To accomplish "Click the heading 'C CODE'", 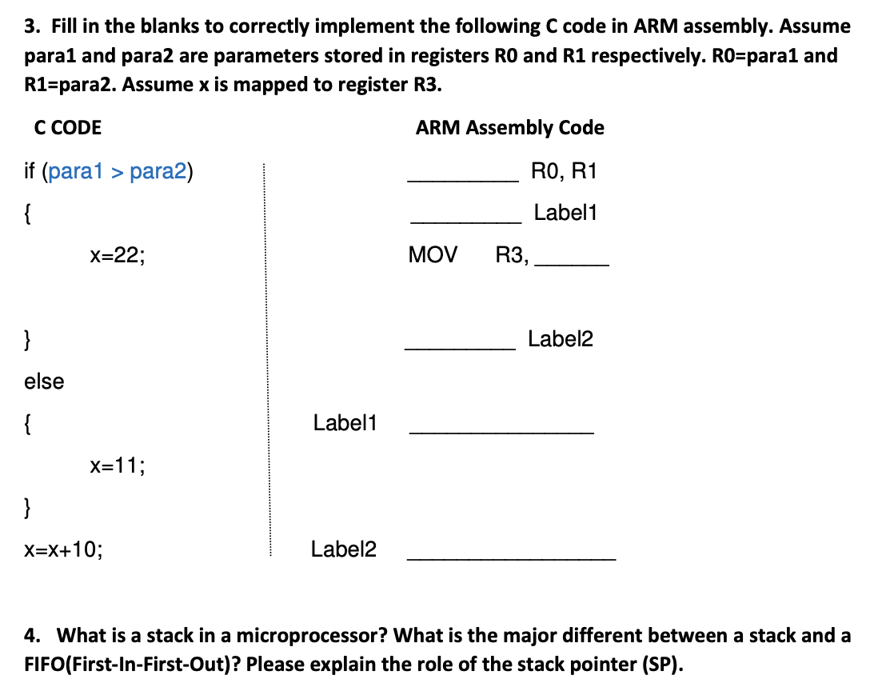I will (x=68, y=128).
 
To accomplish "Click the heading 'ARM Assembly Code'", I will (x=509, y=128).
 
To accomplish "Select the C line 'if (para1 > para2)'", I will (x=109, y=171).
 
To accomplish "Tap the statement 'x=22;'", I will (x=118, y=256).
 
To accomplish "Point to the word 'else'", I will (x=44, y=381).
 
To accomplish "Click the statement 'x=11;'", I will (x=118, y=465).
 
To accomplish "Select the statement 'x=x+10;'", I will (x=63, y=549).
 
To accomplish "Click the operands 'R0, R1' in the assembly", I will (x=564, y=171).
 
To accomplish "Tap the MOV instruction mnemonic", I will (x=433, y=256).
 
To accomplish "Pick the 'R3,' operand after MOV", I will (x=512, y=256).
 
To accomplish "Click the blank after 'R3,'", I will (x=573, y=264).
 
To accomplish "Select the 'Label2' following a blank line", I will (x=561, y=340).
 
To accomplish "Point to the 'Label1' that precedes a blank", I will (x=345, y=423).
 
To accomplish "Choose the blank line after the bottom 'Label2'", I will (x=512, y=557).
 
